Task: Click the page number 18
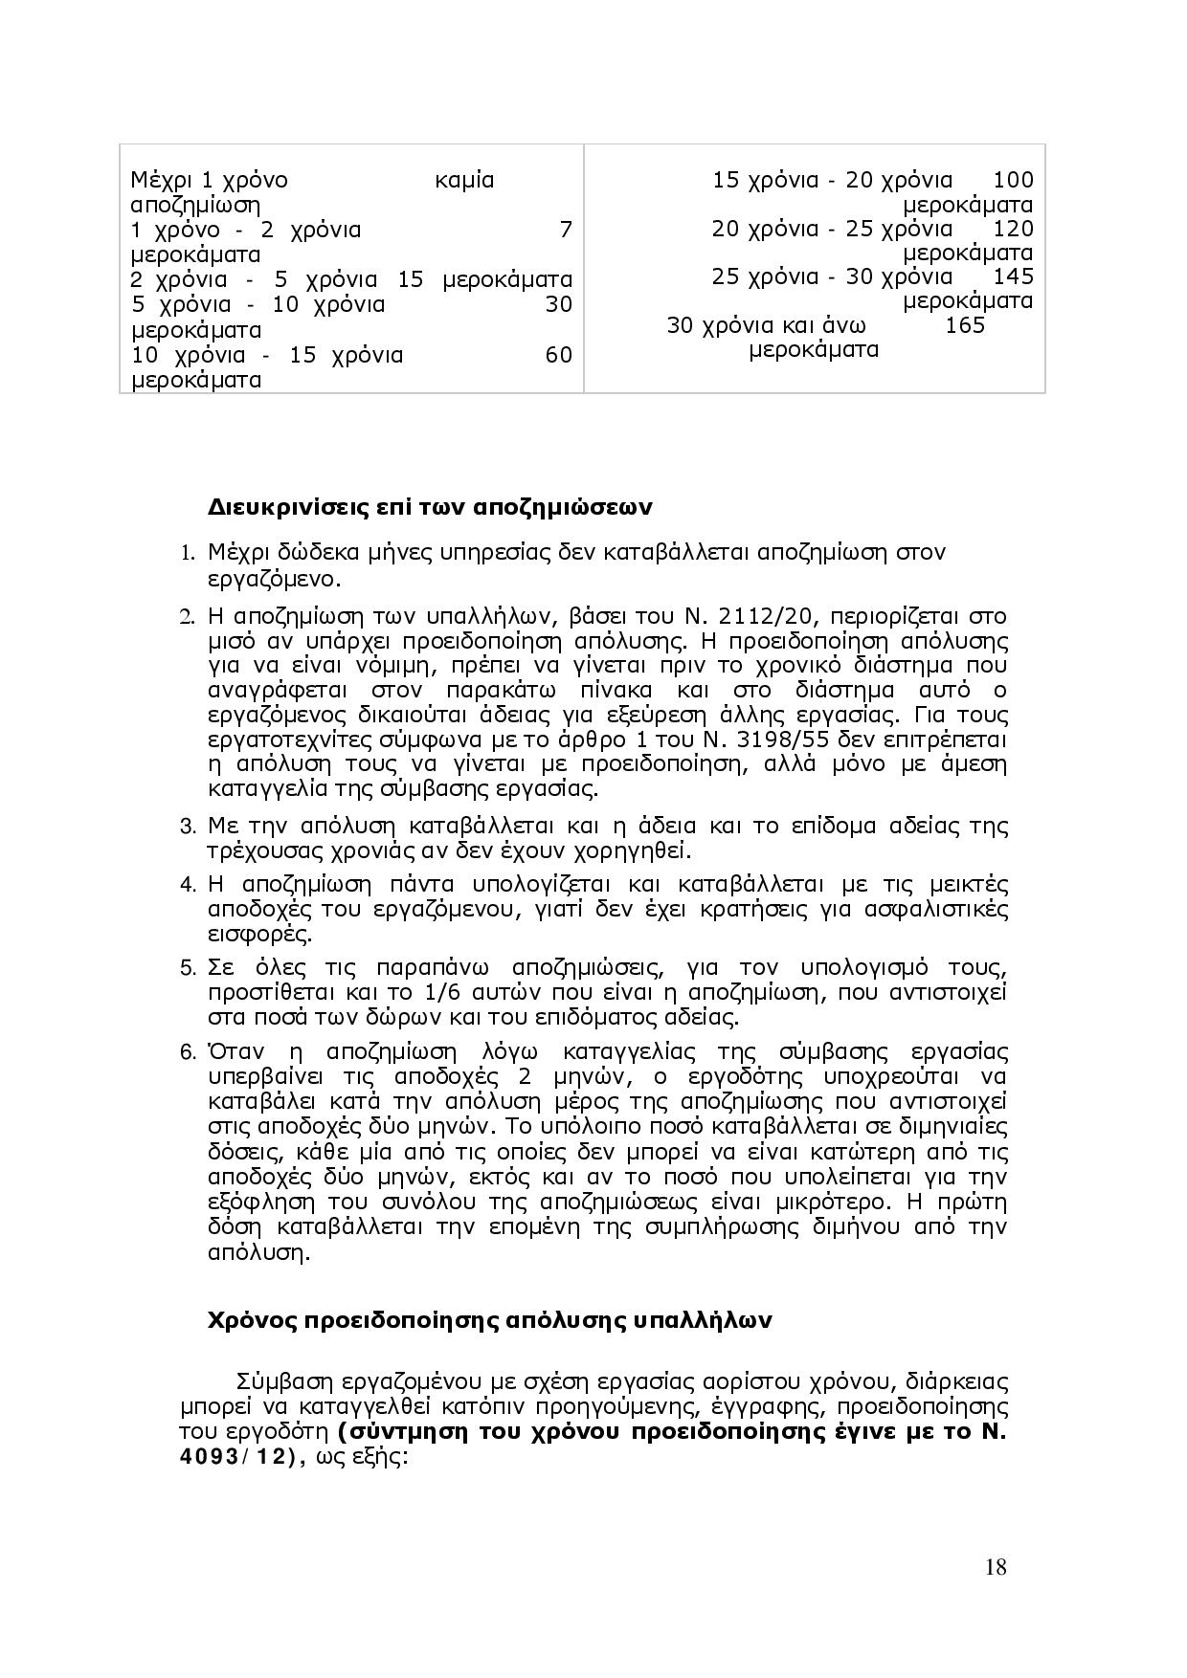(995, 1566)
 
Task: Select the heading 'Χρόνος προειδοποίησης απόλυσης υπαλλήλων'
(489, 1320)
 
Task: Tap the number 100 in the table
(1014, 180)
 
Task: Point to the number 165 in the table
(964, 325)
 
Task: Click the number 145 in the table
(1014, 276)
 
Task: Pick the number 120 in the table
(1014, 229)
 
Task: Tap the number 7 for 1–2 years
(565, 230)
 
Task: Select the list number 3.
(188, 826)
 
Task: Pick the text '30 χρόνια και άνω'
(753, 325)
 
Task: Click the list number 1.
(188, 554)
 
